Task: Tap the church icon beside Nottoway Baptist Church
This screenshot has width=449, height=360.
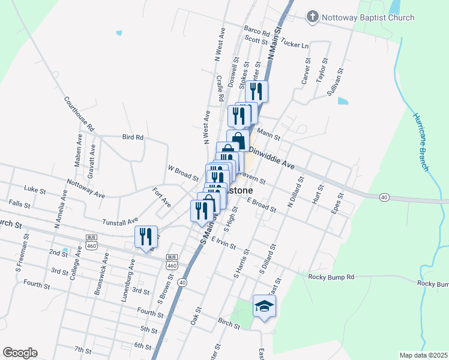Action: coord(312,17)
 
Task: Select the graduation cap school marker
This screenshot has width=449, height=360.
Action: coord(264,307)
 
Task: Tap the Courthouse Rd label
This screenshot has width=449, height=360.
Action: coord(79,114)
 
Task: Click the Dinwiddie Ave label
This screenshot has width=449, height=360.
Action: coord(272,157)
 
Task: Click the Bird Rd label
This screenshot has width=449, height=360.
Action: coord(133,137)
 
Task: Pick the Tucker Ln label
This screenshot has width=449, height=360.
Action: coord(294,45)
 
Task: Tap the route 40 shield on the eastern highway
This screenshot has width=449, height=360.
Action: coord(384,197)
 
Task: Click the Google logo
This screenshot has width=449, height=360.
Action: coord(20,353)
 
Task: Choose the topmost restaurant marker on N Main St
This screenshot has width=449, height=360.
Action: coord(257,91)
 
